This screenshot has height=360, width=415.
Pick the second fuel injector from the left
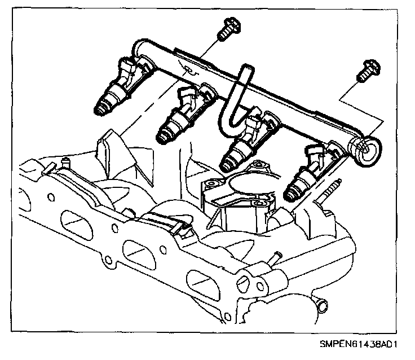(x=180, y=116)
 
